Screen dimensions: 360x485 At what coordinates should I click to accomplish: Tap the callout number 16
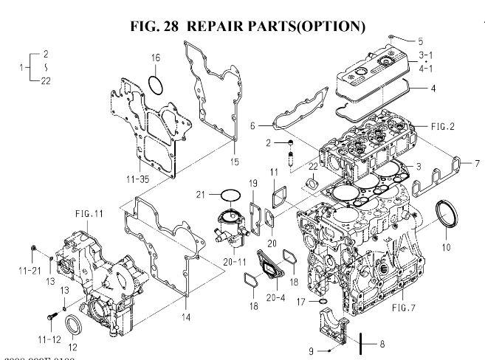click(x=156, y=58)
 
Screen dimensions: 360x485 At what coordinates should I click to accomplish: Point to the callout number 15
click(x=235, y=161)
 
